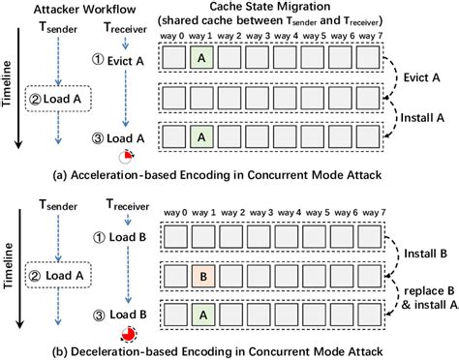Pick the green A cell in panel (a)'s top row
pos(202,61)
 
